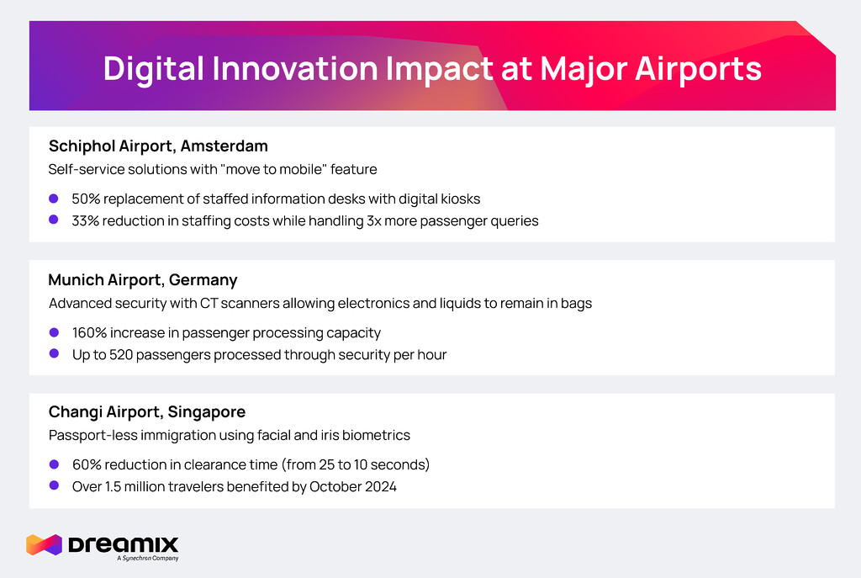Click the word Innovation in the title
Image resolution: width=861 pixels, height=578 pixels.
(x=295, y=68)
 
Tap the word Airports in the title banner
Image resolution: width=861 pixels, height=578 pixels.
(x=699, y=69)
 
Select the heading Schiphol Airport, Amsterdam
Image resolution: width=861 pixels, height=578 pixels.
(x=158, y=146)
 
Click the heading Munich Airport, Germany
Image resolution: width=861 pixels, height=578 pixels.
(x=143, y=280)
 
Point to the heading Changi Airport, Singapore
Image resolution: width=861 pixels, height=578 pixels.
(x=147, y=412)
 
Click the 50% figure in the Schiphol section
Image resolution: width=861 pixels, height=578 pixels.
(x=86, y=199)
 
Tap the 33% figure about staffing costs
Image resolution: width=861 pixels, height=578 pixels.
(x=85, y=221)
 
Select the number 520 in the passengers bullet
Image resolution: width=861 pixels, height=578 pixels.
(x=121, y=355)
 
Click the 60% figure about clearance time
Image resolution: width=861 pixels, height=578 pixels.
(x=87, y=464)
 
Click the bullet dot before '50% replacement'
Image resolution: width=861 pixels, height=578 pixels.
(x=54, y=199)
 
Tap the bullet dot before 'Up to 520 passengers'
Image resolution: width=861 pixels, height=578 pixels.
(x=54, y=353)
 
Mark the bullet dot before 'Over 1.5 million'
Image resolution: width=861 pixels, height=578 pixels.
(x=54, y=485)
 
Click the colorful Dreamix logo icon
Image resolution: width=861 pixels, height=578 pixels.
(x=44, y=544)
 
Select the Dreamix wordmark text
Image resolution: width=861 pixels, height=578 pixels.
(x=124, y=545)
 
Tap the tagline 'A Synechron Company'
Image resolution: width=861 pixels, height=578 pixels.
(x=148, y=558)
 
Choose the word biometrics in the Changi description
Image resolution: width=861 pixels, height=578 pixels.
(x=376, y=435)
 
